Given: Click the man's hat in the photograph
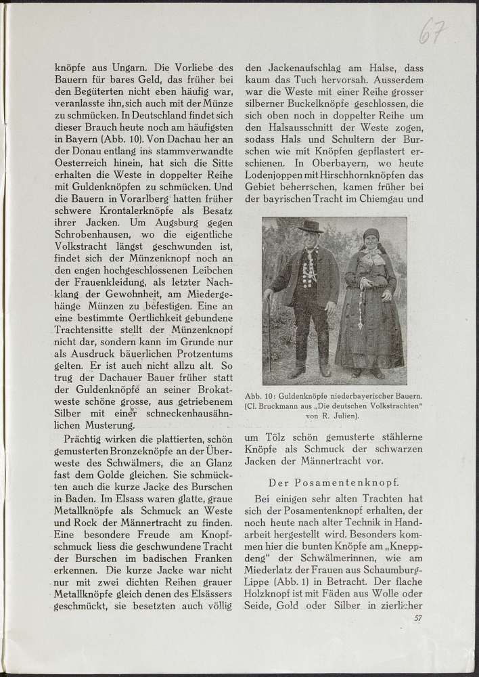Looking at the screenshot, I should point(311,226).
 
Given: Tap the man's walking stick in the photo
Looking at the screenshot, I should point(270,335).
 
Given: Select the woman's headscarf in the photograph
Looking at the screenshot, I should point(370,236).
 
